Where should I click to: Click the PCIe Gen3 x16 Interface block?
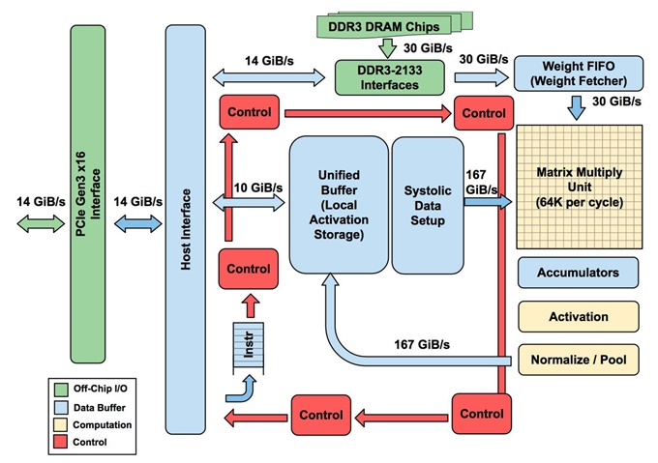pos(88,194)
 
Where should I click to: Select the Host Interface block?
pos(186,229)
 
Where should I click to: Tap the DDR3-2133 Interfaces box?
pos(389,77)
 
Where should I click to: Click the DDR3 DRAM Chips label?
pos(383,27)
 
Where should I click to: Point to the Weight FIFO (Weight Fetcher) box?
pos(579,73)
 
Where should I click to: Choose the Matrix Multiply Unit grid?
pos(579,187)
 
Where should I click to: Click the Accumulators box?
pos(579,273)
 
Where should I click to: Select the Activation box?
pos(579,316)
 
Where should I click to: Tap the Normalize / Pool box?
pos(579,360)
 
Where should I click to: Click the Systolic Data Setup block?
pos(428,205)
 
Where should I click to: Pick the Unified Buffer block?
pos(339,205)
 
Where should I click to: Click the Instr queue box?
pos(249,347)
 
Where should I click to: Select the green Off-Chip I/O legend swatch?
pos(61,390)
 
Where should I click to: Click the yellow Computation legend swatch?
pos(61,424)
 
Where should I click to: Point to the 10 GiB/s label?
pos(258,188)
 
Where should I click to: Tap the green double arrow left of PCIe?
pos(41,223)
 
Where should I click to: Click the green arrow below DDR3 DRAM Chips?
pos(387,48)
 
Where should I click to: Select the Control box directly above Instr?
pos(249,269)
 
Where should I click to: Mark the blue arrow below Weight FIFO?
pos(577,107)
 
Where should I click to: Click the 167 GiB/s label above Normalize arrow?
pos(422,344)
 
